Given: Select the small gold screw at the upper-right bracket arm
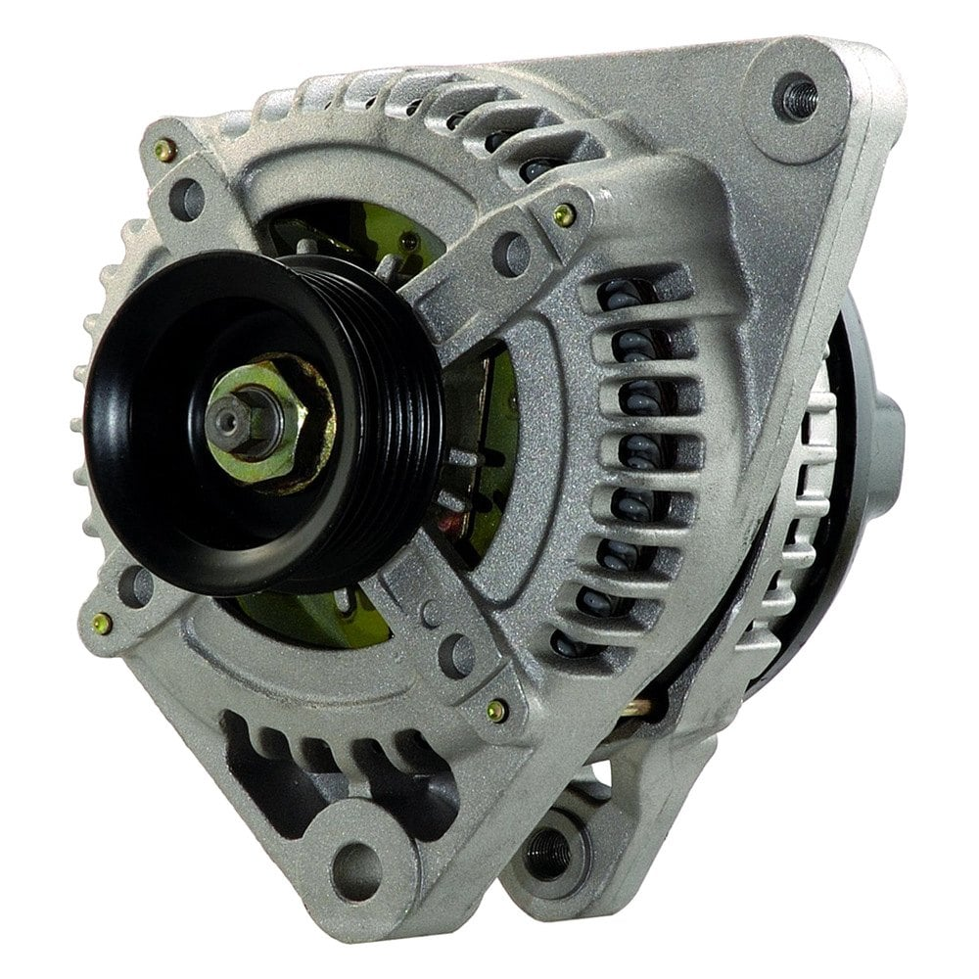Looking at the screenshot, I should (565, 214).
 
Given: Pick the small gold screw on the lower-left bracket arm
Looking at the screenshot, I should (101, 623).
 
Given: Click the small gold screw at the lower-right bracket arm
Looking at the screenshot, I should (497, 710).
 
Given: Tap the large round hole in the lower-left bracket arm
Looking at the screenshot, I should (135, 585).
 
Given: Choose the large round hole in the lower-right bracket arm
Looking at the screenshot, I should (456, 653).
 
